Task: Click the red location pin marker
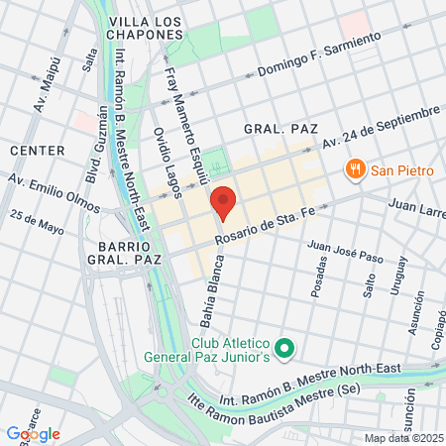[224, 202]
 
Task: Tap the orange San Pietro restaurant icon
[352, 170]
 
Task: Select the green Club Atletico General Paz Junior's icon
[284, 347]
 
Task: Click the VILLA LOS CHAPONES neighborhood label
[147, 27]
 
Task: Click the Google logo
[33, 434]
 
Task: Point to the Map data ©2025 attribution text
[402, 438]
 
